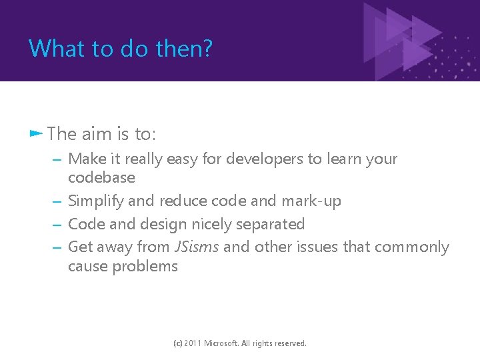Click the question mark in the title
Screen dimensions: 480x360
click(x=207, y=48)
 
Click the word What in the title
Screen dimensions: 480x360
click(x=57, y=48)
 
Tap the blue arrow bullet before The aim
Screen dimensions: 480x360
click(x=36, y=133)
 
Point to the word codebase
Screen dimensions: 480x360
click(x=101, y=177)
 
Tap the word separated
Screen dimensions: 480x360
click(x=270, y=225)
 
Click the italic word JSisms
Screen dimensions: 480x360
click(x=197, y=247)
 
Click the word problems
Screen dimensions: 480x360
click(x=145, y=267)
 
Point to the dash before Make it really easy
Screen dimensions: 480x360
click(x=57, y=160)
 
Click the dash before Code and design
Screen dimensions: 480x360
click(x=57, y=225)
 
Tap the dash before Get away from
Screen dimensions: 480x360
click(x=57, y=247)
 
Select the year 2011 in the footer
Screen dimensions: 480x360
click(x=193, y=343)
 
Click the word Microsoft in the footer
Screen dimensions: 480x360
click(x=221, y=343)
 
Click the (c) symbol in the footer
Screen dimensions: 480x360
click(x=178, y=343)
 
